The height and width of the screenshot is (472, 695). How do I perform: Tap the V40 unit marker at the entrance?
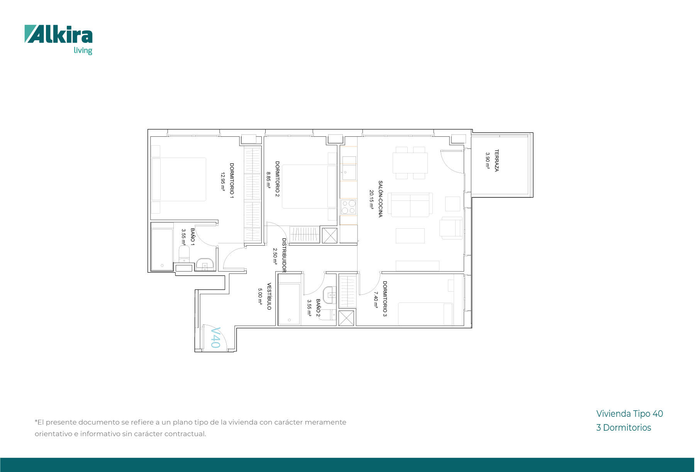pos(215,338)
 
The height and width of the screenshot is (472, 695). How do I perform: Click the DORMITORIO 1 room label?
pos(232,181)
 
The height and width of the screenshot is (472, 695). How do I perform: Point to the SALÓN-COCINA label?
pos(380,199)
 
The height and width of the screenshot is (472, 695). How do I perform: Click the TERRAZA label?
pos(497,161)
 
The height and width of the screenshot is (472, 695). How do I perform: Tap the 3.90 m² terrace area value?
pos(488,161)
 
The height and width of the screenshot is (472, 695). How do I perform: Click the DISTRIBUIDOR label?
pos(284,255)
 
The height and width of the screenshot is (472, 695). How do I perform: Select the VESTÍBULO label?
pos(269,296)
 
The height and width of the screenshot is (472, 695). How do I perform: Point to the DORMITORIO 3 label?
pos(385,299)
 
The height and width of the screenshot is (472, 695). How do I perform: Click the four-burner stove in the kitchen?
pos(349,207)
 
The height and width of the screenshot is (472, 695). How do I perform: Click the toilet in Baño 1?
pos(184,254)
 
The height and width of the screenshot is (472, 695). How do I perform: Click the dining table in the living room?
pos(410,163)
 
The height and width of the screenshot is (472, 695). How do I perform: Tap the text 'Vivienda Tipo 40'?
pos(629,414)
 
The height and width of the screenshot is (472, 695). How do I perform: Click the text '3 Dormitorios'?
pos(624,428)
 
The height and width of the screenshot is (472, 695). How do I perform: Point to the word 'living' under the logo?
pos(83,51)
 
